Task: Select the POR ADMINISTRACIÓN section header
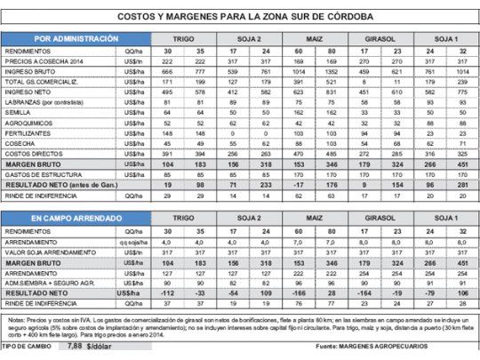coord(76,39)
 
